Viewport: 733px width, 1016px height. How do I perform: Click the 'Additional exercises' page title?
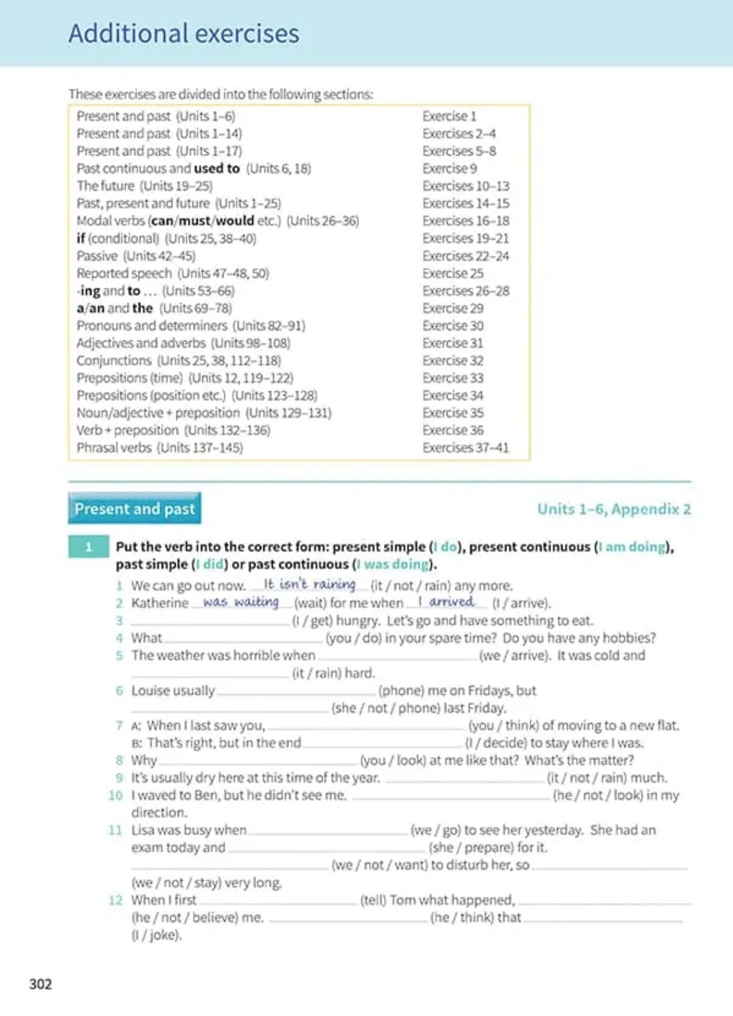[184, 34]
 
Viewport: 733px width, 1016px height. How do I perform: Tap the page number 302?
[41, 984]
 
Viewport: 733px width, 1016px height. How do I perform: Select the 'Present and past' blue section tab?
[134, 509]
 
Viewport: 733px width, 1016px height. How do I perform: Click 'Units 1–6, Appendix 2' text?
[614, 509]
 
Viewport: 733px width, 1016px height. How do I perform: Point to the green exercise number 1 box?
[88, 547]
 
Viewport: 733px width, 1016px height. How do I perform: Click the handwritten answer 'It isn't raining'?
[309, 584]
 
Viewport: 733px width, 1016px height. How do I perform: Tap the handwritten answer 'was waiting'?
[240, 601]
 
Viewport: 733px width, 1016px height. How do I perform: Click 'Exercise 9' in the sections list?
[450, 168]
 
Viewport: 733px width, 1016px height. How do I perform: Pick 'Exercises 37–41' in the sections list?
[465, 447]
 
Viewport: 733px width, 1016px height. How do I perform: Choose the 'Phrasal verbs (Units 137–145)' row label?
[160, 447]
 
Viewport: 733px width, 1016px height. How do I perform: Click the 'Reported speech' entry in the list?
[124, 273]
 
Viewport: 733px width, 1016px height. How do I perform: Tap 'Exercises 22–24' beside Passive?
[465, 256]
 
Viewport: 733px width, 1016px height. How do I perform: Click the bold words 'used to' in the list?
[216, 168]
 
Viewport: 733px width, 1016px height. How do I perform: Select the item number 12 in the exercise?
[115, 900]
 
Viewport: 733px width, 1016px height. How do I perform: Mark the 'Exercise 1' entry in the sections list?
[449, 116]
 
